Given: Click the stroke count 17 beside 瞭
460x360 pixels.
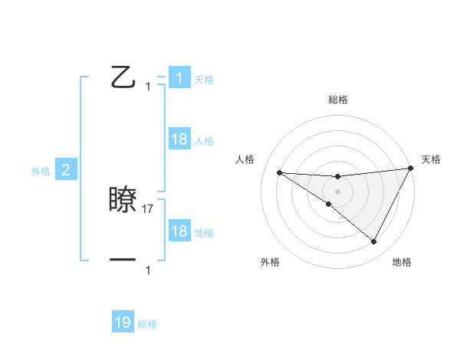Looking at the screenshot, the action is click(x=149, y=208).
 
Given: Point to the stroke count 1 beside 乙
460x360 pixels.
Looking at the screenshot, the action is click(x=148, y=87).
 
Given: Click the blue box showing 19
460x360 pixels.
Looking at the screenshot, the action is click(x=123, y=322).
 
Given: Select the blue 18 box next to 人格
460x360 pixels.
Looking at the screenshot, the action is click(x=179, y=139).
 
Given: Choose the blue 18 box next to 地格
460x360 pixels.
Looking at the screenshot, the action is click(x=179, y=231).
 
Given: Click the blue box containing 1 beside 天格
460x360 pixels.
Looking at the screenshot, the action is click(x=179, y=78).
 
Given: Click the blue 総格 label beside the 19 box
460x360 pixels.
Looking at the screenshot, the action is click(x=147, y=324).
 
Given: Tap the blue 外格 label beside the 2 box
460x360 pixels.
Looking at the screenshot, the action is click(x=41, y=172).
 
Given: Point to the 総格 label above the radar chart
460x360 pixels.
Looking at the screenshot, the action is click(x=337, y=100).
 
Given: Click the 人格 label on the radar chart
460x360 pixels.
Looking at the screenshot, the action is click(x=245, y=159).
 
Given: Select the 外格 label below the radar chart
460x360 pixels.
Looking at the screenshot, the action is click(x=270, y=262).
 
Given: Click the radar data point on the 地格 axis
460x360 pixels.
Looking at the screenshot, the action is click(x=374, y=242).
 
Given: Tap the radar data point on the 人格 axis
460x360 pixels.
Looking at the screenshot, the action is click(x=279, y=172).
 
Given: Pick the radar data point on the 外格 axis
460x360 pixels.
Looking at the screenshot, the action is click(x=328, y=205).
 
